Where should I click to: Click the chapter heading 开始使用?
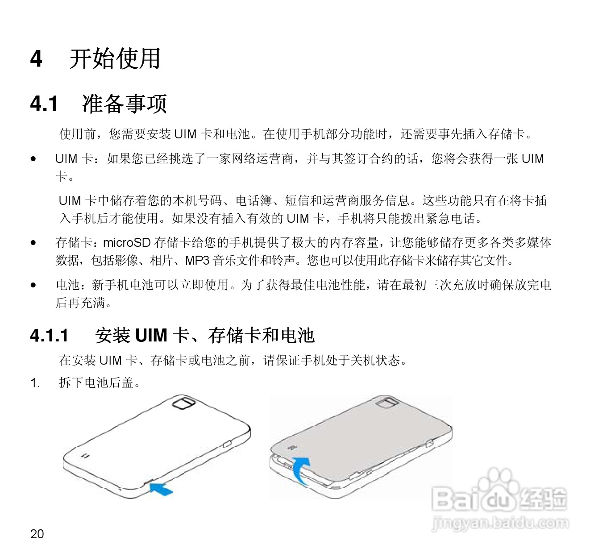point(115,59)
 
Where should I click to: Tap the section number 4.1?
point(44,104)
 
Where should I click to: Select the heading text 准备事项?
point(125,104)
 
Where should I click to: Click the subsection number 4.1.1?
point(49,335)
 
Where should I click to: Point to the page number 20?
point(37,534)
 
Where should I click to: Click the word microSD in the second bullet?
point(127,243)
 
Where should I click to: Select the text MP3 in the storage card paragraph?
point(197,260)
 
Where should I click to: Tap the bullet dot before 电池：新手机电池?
point(33,285)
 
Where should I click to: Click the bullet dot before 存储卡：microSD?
point(33,243)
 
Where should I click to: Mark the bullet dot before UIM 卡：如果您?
point(33,158)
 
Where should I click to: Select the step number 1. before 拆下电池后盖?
point(35,383)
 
